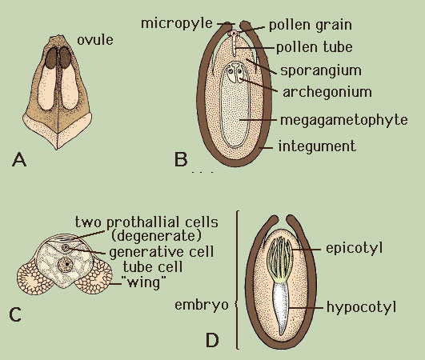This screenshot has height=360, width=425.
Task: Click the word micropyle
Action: point(177,23)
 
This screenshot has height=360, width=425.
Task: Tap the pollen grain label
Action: point(311,26)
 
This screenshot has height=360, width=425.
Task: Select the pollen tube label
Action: point(315,47)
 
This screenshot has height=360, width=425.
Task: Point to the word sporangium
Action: point(321,70)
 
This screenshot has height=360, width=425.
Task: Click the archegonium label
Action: point(327,92)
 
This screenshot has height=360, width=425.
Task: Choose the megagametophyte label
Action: point(343,120)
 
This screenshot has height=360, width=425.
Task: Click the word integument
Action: point(317,146)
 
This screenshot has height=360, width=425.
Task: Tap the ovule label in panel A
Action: point(95,40)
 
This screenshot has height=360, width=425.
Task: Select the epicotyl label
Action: point(354,248)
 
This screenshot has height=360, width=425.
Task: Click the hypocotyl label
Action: point(361,307)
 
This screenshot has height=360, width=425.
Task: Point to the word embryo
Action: point(202,306)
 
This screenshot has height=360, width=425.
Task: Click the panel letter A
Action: point(19,159)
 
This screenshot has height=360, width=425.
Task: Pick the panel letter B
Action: point(181,159)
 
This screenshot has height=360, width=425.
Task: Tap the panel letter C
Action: point(15,314)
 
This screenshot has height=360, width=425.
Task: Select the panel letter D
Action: point(212,340)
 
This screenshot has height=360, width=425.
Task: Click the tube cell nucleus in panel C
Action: point(66,264)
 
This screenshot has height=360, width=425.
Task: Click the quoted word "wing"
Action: point(142,283)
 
